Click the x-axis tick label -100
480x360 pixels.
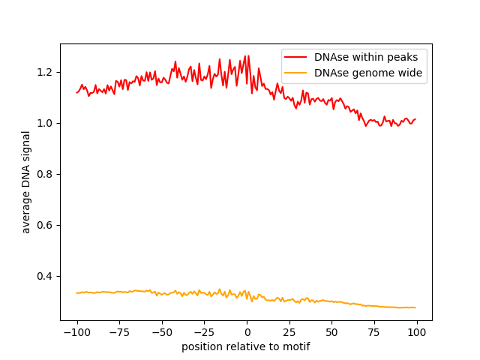pyautogui.click(x=76, y=332)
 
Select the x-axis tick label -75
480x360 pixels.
pyautogui.click(x=119, y=332)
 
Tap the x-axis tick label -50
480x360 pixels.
pyautogui.click(x=161, y=332)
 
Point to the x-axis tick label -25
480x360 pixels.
pyautogui.click(x=204, y=332)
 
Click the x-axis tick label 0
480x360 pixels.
pyautogui.click(x=247, y=332)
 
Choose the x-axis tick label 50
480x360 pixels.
pyautogui.click(x=331, y=332)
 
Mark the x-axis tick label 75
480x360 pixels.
pyautogui.click(x=374, y=332)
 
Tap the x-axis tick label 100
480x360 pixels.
pyautogui.click(x=416, y=332)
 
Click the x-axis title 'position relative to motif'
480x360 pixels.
pyautogui.click(x=246, y=346)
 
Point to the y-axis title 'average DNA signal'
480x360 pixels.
pyautogui.click(x=26, y=182)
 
